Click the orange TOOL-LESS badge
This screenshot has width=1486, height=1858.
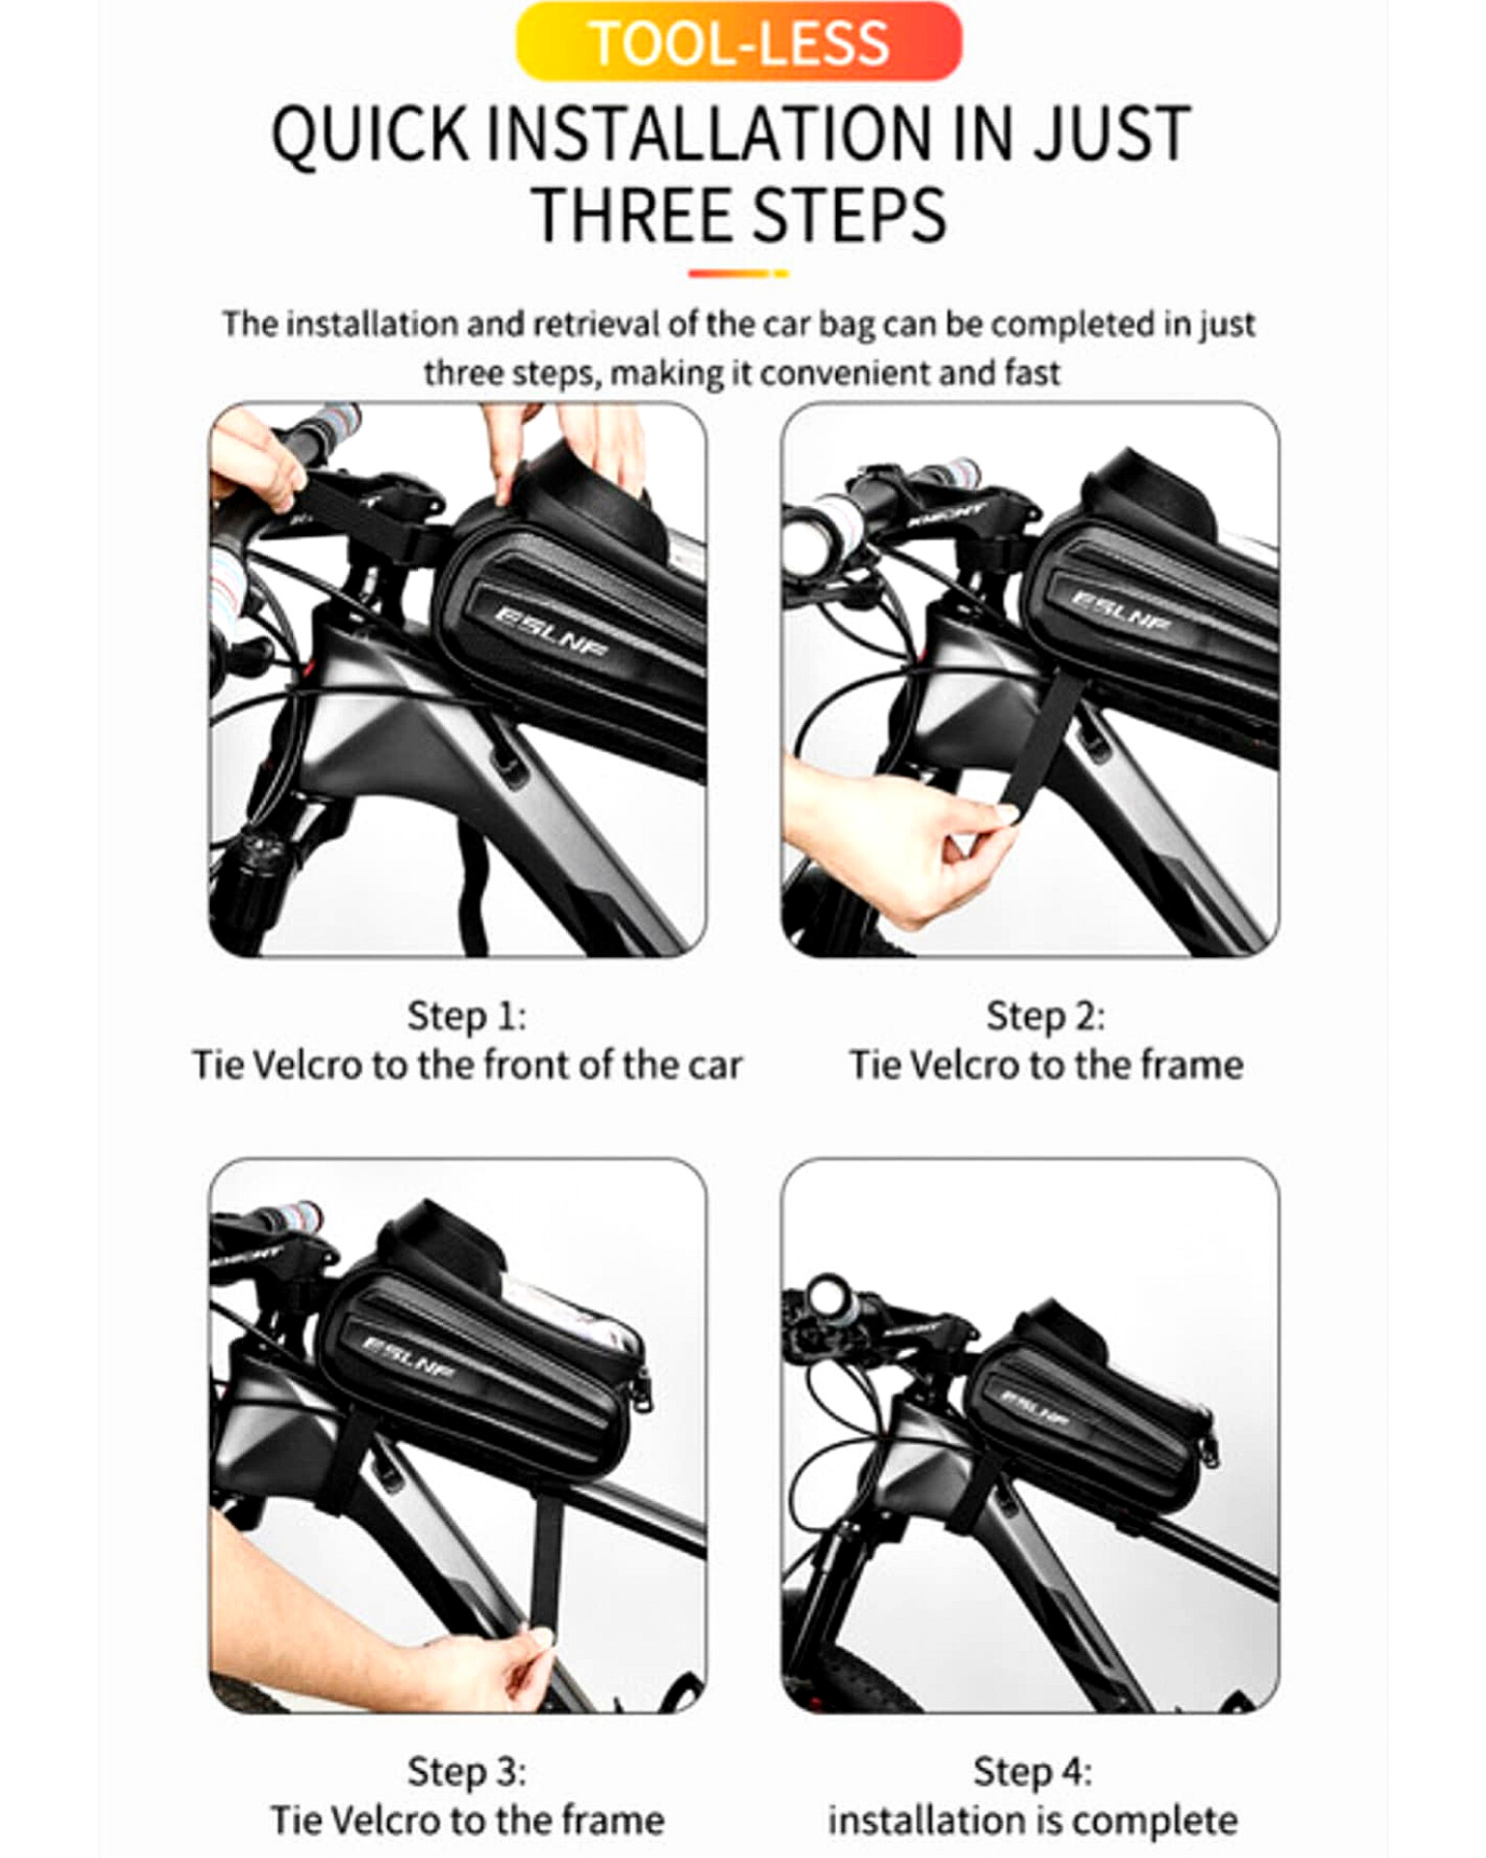coord(739,42)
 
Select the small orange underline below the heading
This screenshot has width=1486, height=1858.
coord(738,274)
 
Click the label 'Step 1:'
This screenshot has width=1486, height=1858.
coord(466,1016)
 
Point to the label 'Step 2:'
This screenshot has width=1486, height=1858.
coord(1045,1016)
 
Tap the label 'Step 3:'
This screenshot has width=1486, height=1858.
coord(466,1772)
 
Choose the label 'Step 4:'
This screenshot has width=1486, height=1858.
coord(1032,1772)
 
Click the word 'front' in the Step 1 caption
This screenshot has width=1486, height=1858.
coord(523,1064)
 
